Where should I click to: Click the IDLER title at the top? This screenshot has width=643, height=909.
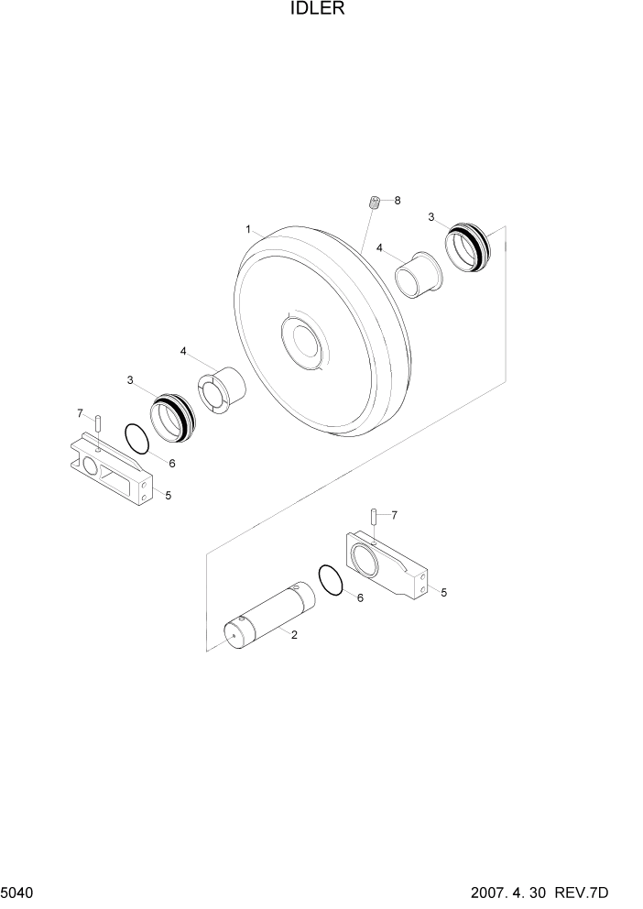[321, 10]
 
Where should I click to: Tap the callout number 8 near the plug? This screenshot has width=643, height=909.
[398, 200]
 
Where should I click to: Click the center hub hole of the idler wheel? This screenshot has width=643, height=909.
[302, 343]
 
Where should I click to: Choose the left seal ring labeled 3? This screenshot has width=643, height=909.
[172, 417]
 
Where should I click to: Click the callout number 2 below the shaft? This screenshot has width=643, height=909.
[294, 634]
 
